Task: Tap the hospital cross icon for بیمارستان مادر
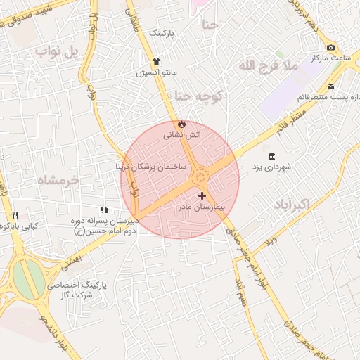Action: [x=202, y=196]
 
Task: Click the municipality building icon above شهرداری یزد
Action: [x=272, y=155]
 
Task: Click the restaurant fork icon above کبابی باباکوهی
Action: [x=15, y=215]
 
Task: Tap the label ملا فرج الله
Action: [x=269, y=66]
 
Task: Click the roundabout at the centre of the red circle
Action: [x=200, y=173]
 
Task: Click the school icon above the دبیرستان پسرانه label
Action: [x=104, y=210]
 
